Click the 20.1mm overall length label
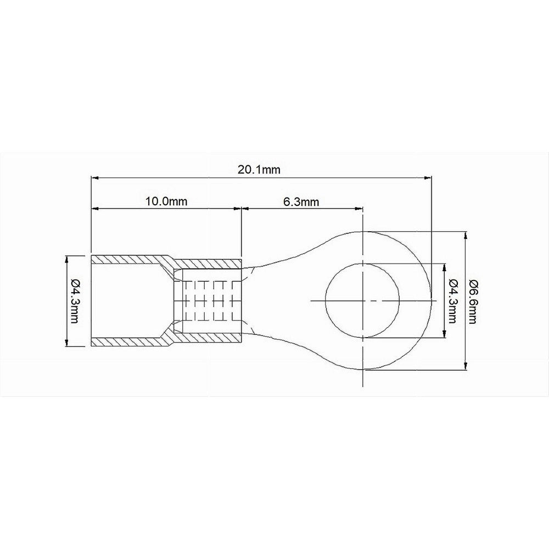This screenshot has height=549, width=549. pos(259,170)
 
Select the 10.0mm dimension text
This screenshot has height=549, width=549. pos(166,201)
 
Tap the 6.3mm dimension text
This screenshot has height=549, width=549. pos(301,201)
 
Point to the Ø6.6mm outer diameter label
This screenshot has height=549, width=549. pos(473,301)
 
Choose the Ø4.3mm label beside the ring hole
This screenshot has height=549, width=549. pos(452,301)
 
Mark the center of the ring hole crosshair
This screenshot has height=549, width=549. pos(363,301)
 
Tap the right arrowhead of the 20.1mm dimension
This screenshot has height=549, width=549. pos(428,178)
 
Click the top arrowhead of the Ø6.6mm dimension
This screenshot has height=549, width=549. pos(466,234)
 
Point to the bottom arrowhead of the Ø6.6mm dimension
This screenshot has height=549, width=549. pos(466,367)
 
